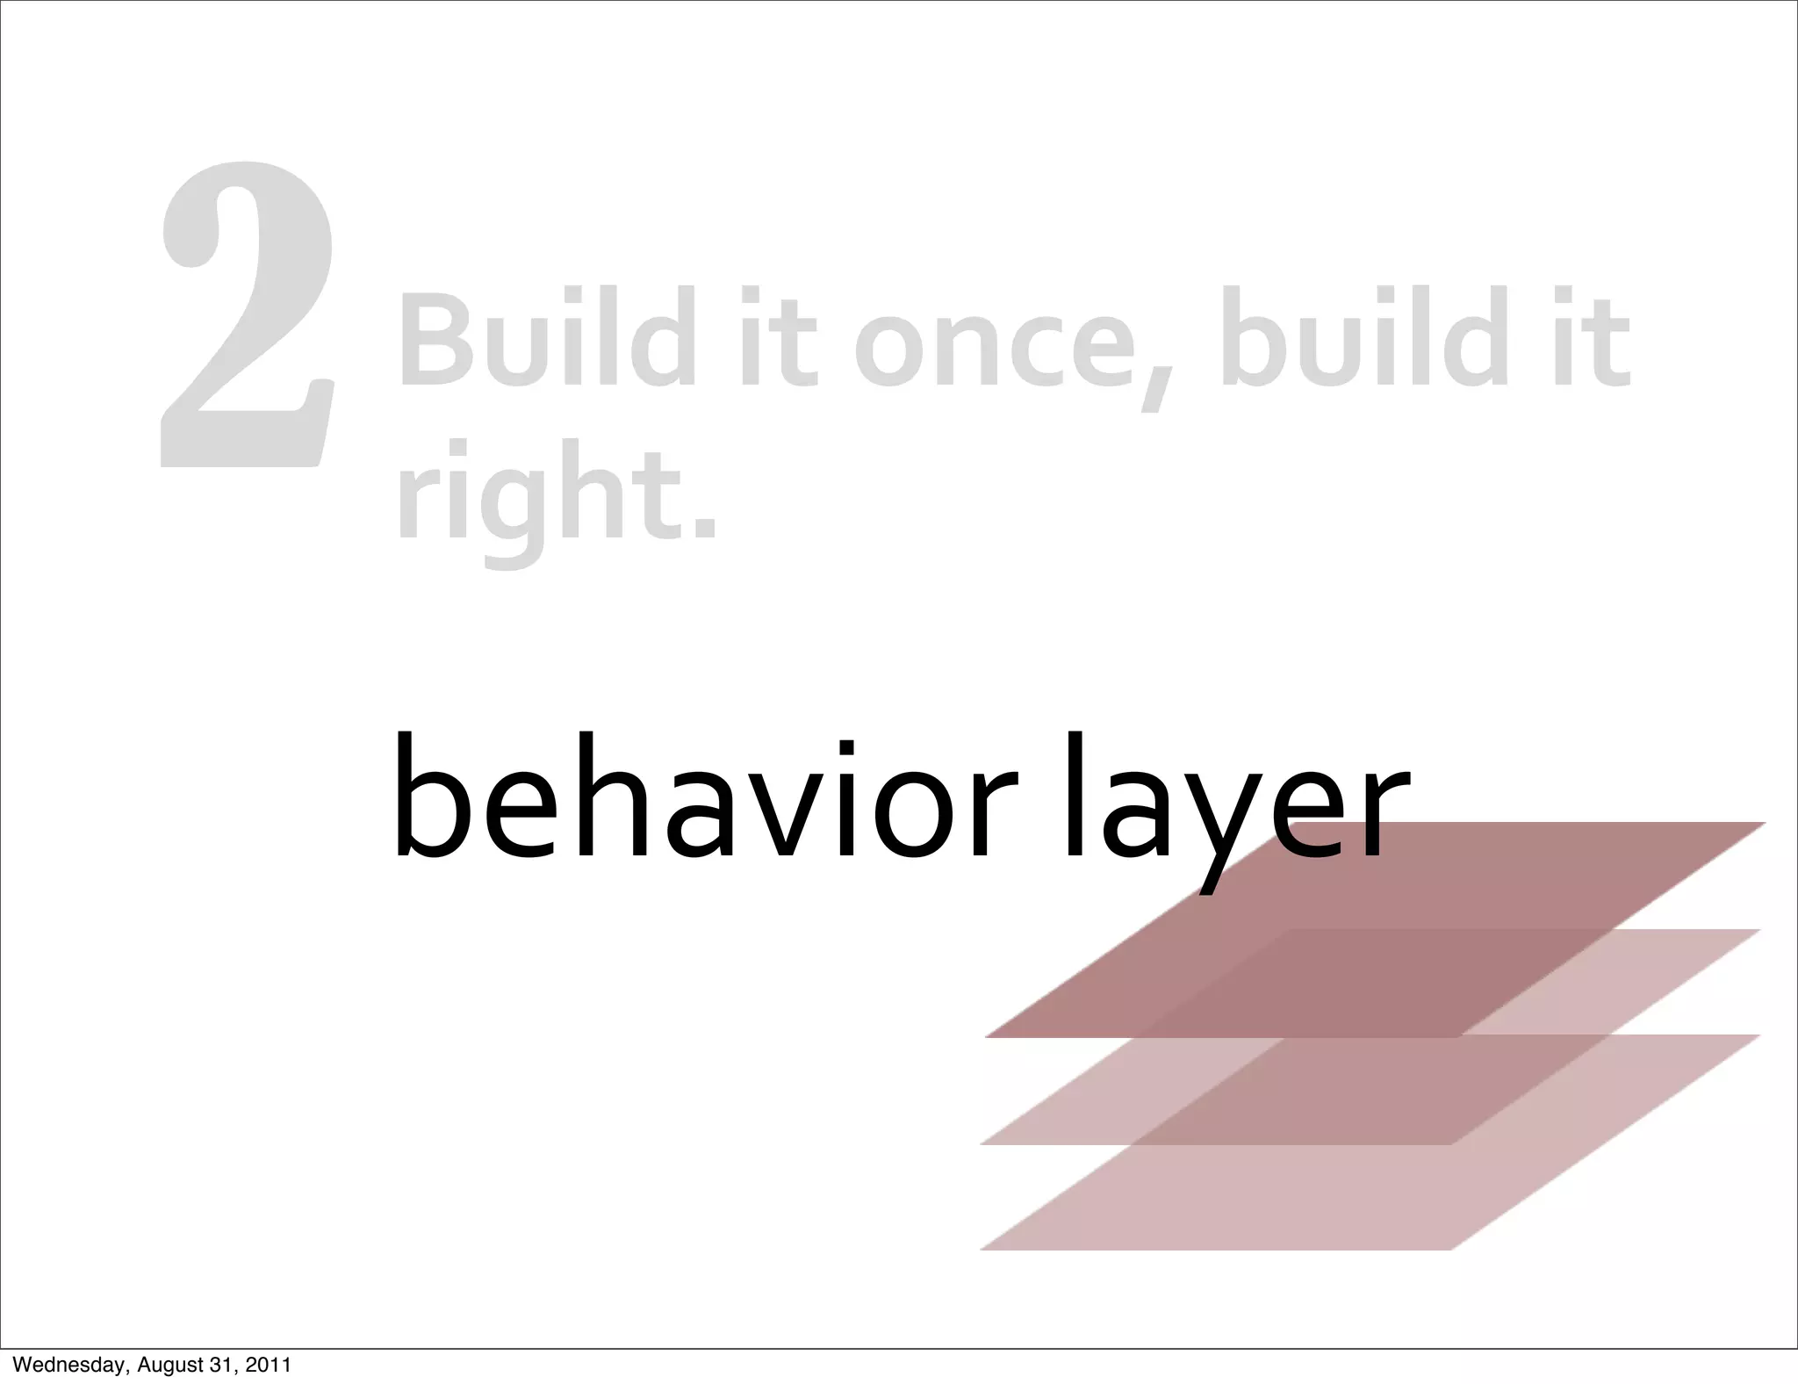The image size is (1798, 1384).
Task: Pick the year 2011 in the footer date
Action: [269, 1365]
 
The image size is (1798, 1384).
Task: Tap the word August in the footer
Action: [175, 1365]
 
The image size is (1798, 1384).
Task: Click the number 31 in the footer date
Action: [227, 1365]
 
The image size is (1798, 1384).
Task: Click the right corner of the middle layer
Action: [1758, 930]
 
